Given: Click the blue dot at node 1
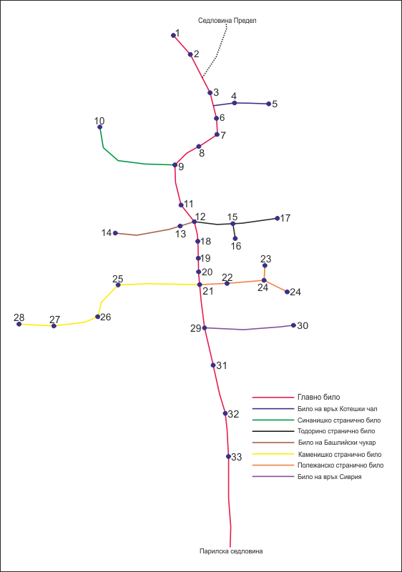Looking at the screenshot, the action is pos(173,35).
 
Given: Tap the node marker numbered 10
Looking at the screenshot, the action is pos(99,127).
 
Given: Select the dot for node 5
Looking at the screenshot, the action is pos(269,104).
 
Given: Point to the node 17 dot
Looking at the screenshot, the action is pos(278,218).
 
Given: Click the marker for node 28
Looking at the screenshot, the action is pos(19,324).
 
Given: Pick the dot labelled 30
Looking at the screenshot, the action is pos(293,325).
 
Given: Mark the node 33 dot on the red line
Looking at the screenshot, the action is pos(228,456).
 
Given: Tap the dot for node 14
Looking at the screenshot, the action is pos(115,233).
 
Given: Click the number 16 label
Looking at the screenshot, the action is pos(236,246).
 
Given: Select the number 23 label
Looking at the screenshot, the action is pos(266,259).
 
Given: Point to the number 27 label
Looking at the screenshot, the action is pos(54,320).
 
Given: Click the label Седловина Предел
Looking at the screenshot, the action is pos(227,21).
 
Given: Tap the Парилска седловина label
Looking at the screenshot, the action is pos(231,551).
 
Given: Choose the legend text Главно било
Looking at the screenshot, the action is pos(319,397).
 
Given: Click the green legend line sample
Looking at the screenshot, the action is pos(273,420).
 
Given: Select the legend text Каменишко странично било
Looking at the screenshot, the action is pos(340,455).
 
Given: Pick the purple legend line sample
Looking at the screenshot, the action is pos(273,476).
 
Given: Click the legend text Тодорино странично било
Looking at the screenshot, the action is pos(336,431).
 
